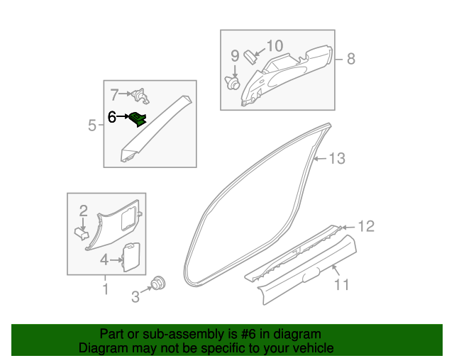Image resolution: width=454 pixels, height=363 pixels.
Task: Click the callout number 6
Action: (x=112, y=117)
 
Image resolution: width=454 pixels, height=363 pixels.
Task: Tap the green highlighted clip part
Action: (x=138, y=118)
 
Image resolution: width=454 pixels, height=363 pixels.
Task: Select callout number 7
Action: (x=114, y=93)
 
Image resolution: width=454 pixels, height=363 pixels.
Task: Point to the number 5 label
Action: (x=92, y=126)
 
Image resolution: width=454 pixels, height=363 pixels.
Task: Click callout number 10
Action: (x=275, y=46)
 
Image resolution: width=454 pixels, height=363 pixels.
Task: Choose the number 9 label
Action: (x=235, y=56)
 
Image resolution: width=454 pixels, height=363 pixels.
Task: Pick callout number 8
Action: (x=350, y=59)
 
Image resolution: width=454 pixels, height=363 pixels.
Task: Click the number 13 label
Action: (x=337, y=158)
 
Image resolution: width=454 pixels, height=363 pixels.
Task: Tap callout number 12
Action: (x=365, y=227)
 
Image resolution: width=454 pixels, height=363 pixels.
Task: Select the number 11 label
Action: (x=342, y=285)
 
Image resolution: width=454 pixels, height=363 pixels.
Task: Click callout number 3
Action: (x=135, y=297)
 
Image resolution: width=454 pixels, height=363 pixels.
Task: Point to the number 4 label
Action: (x=104, y=259)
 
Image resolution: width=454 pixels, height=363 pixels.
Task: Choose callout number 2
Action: (x=83, y=211)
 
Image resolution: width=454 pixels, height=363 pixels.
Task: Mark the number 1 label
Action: (x=105, y=289)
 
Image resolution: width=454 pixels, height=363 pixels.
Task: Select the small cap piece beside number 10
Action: (x=250, y=57)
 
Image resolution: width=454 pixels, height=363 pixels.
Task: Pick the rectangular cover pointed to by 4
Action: (x=131, y=257)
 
